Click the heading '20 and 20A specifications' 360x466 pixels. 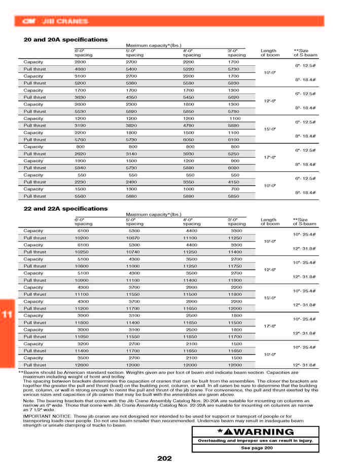(x=65, y=40)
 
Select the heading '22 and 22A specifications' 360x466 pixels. (x=65, y=209)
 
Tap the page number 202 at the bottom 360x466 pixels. (x=164, y=458)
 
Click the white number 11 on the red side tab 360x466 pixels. (x=7, y=315)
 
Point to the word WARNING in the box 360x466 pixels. (x=261, y=432)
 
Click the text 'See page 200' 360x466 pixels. (x=256, y=448)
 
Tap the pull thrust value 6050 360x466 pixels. (x=189, y=139)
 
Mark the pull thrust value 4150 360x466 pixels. (x=233, y=182)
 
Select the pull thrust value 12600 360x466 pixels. (x=82, y=365)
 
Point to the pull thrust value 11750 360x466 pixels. (x=235, y=266)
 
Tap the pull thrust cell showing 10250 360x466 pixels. (x=82, y=252)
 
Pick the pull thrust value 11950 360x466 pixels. (x=82, y=336)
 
